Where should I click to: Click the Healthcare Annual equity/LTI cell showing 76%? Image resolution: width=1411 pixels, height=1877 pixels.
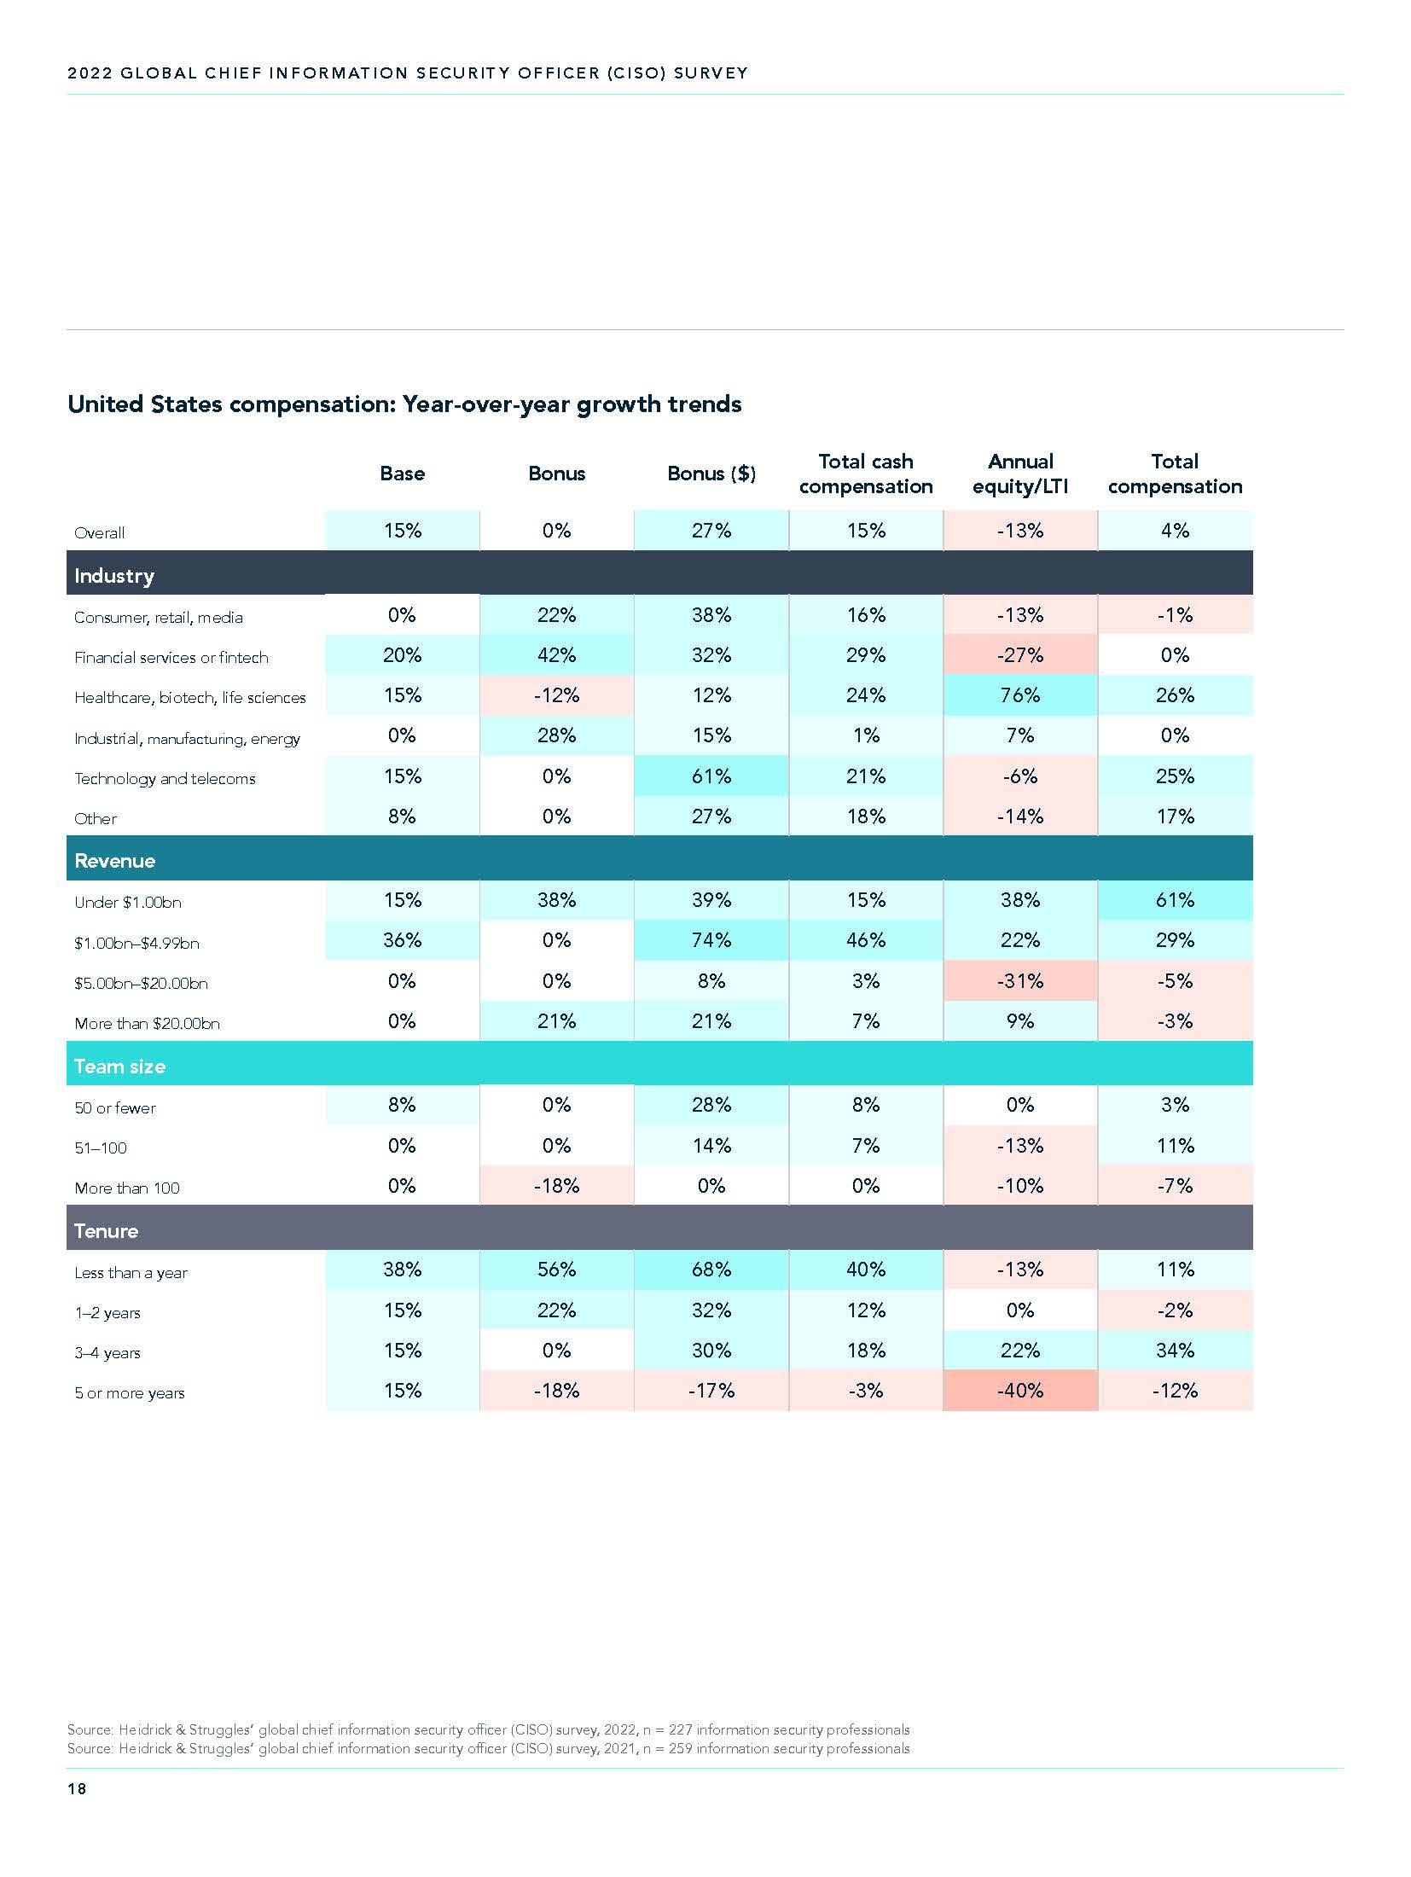pos(1020,695)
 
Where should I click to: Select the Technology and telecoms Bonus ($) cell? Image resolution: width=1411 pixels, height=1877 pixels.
pos(711,776)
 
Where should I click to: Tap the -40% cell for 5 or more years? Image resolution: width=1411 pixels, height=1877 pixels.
pos(1020,1391)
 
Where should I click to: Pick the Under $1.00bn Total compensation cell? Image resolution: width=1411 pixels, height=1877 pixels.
pos(1175,900)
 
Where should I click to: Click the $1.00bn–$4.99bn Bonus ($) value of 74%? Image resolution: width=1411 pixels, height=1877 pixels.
pos(711,940)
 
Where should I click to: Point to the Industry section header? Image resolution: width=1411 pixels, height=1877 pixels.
pos(114,576)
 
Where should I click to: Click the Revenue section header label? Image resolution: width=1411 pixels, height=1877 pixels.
pos(115,861)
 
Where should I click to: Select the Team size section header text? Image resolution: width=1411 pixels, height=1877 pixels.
pos(119,1066)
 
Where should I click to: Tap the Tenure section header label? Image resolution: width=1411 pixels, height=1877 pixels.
pos(106,1231)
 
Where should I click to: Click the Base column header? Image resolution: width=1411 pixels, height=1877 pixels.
pos(402,474)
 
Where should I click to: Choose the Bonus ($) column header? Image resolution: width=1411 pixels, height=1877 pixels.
pos(711,474)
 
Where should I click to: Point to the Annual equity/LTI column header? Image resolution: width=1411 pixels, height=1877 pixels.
pos(1020,474)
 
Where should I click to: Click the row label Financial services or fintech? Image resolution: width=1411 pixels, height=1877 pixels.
pos(171,658)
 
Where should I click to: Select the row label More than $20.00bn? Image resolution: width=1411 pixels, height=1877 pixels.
pos(147,1023)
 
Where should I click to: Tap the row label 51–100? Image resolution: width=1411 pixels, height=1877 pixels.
pos(101,1148)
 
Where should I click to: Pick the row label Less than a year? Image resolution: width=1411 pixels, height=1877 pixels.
pos(131,1273)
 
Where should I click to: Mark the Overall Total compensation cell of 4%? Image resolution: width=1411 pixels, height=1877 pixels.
pos(1175,531)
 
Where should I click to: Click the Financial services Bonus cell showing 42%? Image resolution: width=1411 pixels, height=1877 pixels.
pos(556,655)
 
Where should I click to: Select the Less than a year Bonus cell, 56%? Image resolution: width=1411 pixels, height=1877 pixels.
pos(556,1270)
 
